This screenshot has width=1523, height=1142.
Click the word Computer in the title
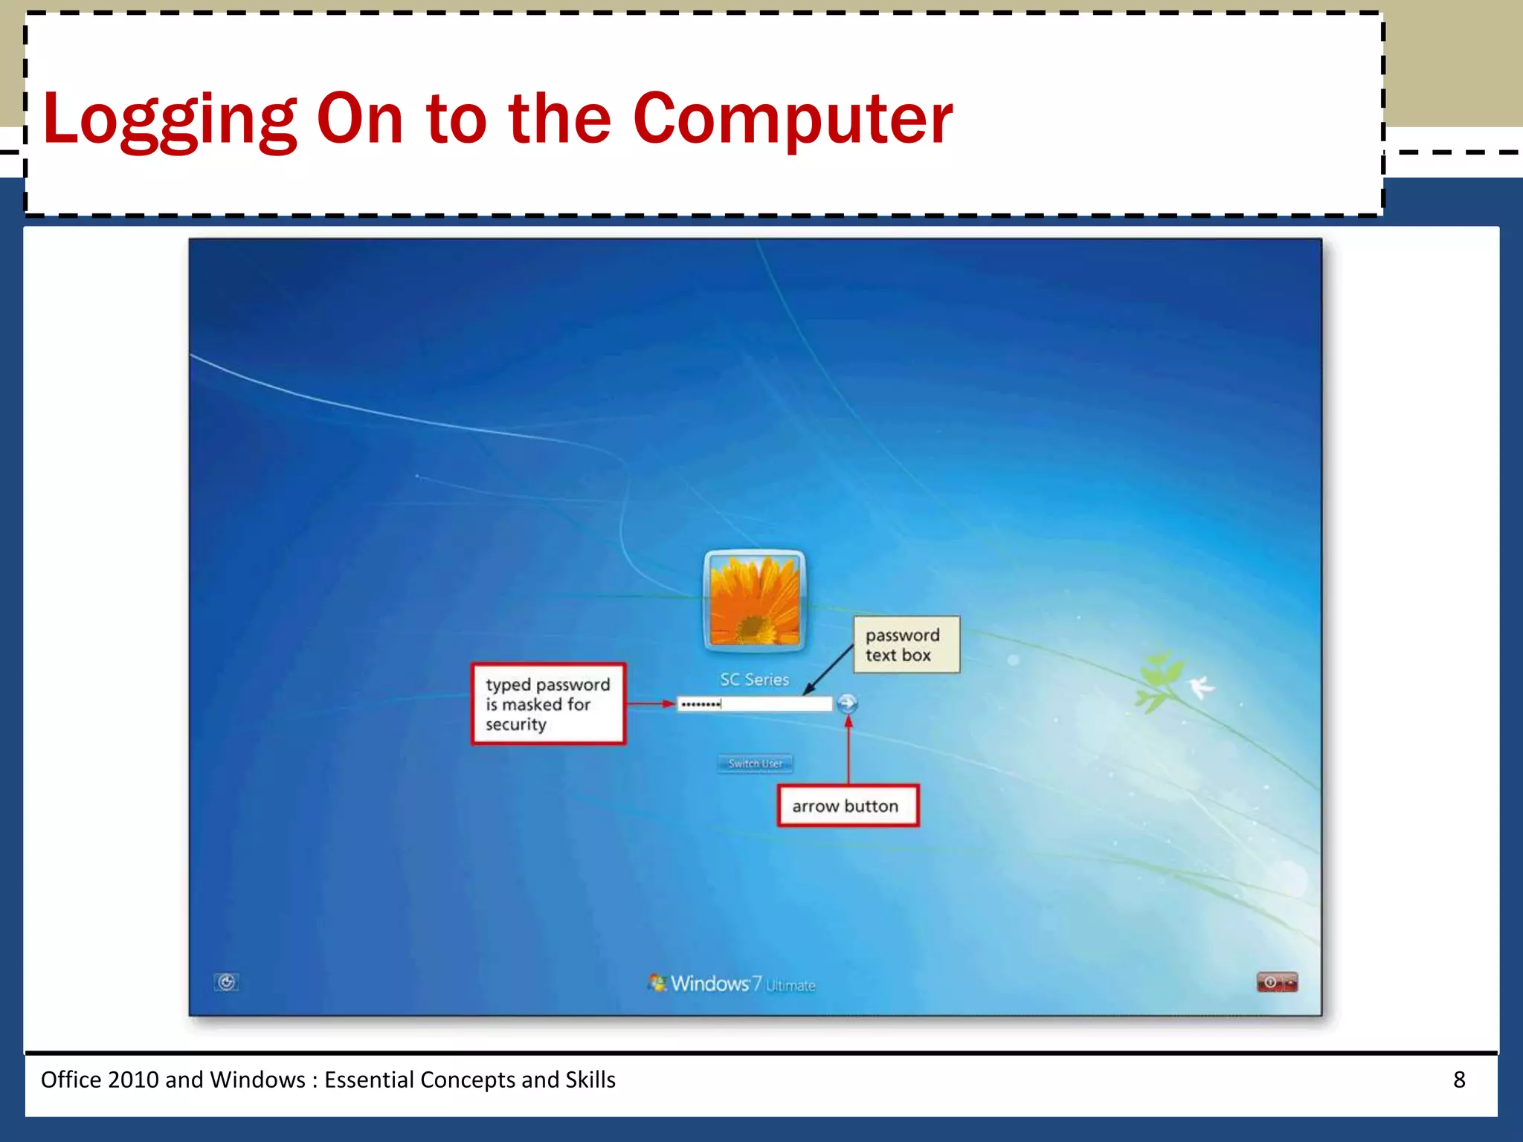(793, 119)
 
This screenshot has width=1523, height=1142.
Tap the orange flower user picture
(754, 601)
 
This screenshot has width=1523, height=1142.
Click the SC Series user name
(754, 680)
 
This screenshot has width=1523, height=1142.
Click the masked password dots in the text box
(701, 704)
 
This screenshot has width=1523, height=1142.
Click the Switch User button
(755, 764)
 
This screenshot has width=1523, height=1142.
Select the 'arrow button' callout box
(848, 806)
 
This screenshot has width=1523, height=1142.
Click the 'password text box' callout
(906, 645)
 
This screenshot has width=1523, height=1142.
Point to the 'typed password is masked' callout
(548, 703)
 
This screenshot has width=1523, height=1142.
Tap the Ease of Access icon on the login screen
(227, 982)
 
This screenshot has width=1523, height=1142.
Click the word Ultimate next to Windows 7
(791, 986)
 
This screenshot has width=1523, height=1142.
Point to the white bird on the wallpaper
(1200, 686)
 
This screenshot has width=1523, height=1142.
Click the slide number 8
(1459, 1080)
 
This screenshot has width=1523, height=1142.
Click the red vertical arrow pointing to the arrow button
(848, 751)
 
